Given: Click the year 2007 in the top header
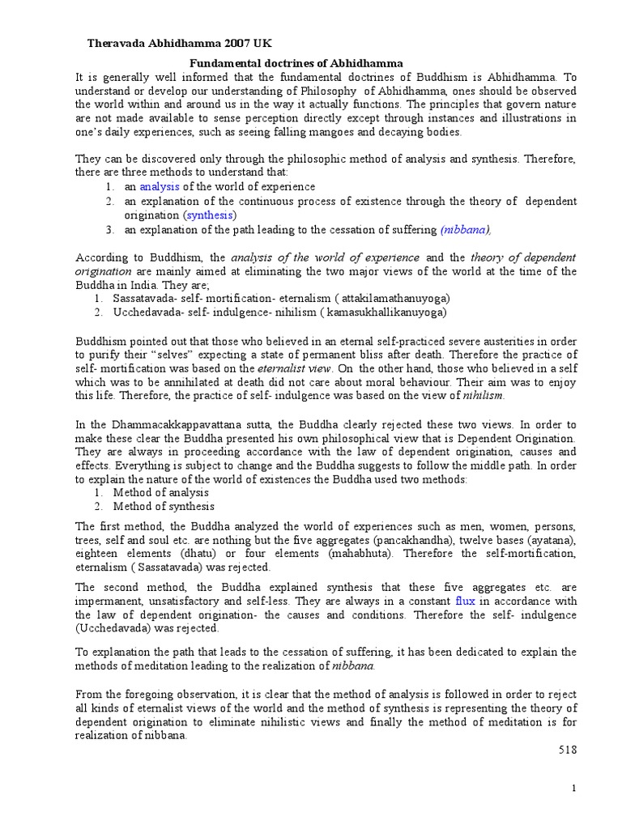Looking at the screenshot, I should coord(230,44).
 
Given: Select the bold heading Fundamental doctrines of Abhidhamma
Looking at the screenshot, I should coord(296,63).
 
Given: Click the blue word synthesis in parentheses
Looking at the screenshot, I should coord(210,215).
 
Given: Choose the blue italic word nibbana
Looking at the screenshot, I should coord(464,230).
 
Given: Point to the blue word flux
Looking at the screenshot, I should coord(465,601).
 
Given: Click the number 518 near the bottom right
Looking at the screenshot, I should coord(567,750).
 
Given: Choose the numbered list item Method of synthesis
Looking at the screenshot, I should coord(160,507).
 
